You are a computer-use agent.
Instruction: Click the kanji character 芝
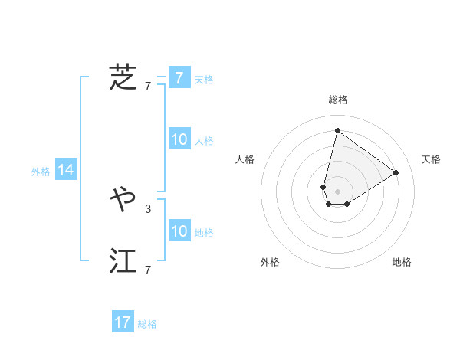[x=123, y=77]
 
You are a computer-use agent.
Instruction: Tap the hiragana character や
[x=123, y=200]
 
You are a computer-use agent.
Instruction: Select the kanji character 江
[x=123, y=261]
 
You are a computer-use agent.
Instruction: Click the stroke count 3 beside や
[x=148, y=208]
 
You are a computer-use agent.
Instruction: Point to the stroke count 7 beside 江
[x=148, y=270]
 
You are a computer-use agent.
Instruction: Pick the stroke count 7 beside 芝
[x=148, y=86]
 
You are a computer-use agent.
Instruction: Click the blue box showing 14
[x=66, y=171]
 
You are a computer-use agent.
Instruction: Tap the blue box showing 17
[x=123, y=322]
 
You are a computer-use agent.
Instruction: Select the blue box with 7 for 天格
[x=179, y=78]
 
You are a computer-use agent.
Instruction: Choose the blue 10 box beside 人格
[x=179, y=139]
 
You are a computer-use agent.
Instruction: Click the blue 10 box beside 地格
[x=179, y=231]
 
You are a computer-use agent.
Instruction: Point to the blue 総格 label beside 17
[x=147, y=324]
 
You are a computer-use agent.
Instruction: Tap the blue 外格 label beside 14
[x=41, y=172]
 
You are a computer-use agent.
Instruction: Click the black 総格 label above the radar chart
[x=337, y=100]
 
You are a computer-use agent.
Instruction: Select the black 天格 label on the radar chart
[x=431, y=159]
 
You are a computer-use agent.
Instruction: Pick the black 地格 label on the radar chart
[x=402, y=262]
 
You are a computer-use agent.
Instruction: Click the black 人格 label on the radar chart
[x=245, y=159]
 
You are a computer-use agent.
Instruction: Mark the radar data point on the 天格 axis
[x=396, y=172]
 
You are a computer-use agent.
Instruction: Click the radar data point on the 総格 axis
[x=337, y=130]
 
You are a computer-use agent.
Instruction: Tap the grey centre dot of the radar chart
[x=337, y=191]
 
